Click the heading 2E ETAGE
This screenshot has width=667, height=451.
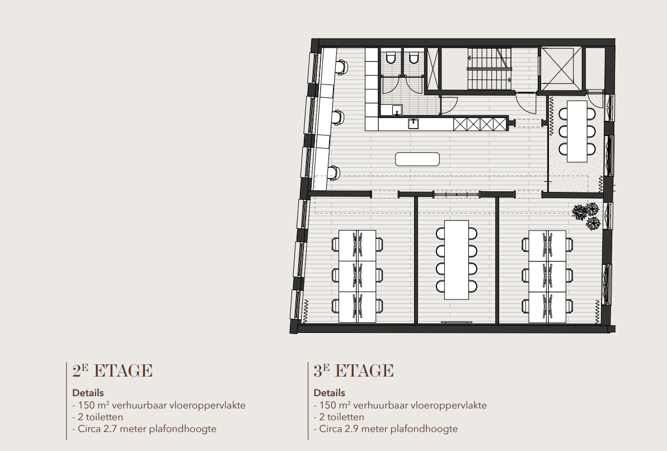point(112,371)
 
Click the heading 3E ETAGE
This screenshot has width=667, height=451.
point(354,371)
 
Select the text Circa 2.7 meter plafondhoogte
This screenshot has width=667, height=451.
point(144,429)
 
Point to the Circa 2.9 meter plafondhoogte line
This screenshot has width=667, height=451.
point(386,429)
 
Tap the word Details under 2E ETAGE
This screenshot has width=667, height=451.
point(88,393)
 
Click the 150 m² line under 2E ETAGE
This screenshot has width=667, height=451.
point(159,405)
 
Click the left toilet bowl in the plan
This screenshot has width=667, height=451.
point(391,58)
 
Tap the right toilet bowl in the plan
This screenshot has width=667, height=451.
point(414,58)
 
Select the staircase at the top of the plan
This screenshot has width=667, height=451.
point(490,68)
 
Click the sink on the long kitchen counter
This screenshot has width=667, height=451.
point(414,124)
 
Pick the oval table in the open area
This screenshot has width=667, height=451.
point(417,159)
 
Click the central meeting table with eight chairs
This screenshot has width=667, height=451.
point(456,260)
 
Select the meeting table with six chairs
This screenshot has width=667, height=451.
point(576,131)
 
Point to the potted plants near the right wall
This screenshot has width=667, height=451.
point(586,216)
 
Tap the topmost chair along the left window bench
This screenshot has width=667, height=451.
point(341,67)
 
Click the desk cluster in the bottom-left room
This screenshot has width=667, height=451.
point(358,276)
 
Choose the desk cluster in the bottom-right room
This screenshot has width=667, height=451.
point(547,276)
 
